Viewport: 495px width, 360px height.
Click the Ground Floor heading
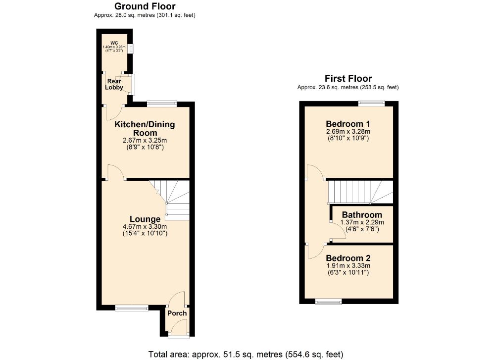145,6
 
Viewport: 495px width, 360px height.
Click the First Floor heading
348,78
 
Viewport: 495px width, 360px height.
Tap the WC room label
114,43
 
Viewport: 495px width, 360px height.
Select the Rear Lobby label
114,84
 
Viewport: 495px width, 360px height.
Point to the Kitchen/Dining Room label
145,129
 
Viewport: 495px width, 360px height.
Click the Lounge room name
145,219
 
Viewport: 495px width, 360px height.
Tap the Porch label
177,313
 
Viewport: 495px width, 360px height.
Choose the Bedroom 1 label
348,124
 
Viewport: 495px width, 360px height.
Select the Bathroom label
362,215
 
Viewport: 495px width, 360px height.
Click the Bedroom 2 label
348,258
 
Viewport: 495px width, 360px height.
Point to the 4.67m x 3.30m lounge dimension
145,226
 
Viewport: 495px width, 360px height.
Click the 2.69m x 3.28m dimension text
348,131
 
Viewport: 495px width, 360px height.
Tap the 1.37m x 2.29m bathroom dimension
362,222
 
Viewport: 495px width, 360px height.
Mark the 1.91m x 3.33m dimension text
348,265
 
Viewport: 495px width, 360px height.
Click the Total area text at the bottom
246,355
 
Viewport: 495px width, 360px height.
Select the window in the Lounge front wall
131,308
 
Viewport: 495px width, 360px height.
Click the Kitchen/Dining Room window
162,103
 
